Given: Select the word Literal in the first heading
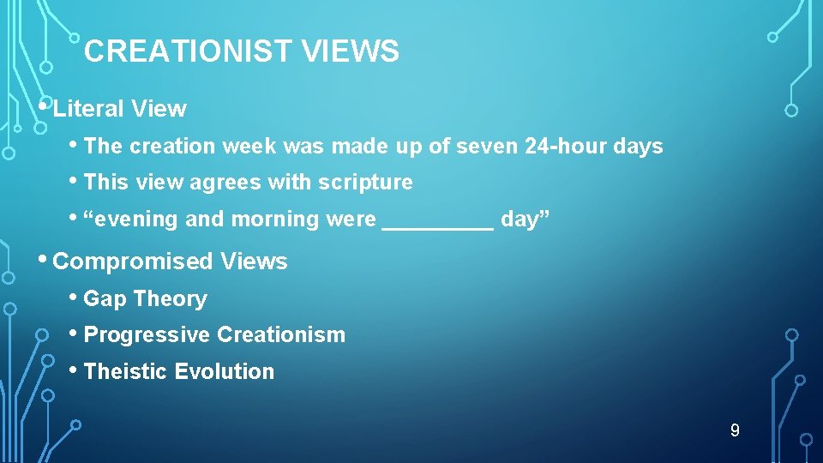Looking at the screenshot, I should tap(87, 109).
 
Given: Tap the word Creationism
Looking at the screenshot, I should tap(281, 335).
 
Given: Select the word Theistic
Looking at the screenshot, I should tap(126, 372).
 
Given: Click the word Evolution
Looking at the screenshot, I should tap(225, 372).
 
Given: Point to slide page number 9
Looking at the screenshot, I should tap(735, 430).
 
